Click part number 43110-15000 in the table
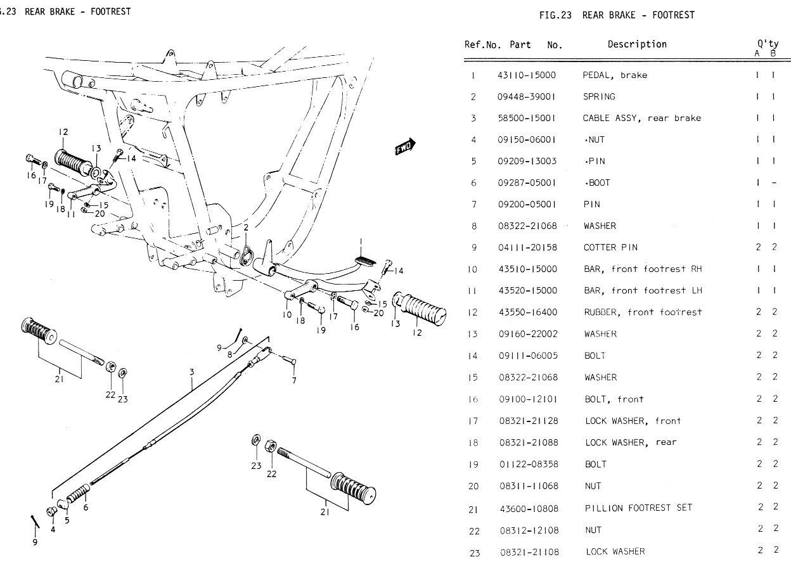pos(527,75)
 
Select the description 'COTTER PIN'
pos(610,247)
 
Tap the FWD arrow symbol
pos(404,146)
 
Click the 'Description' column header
pos(637,44)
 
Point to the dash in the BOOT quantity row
pos(773,183)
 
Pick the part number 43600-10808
pos(529,508)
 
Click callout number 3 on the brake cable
pos(191,372)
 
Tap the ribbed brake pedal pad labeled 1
pos(369,259)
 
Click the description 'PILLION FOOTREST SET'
pos(638,508)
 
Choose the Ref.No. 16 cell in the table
pos(473,399)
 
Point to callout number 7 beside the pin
pos(294,380)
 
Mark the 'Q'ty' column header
pos(768,44)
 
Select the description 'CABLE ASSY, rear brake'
pos(641,118)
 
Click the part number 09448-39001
pos(527,96)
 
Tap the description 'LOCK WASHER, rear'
pos(630,442)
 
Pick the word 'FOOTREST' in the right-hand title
pos(671,15)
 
